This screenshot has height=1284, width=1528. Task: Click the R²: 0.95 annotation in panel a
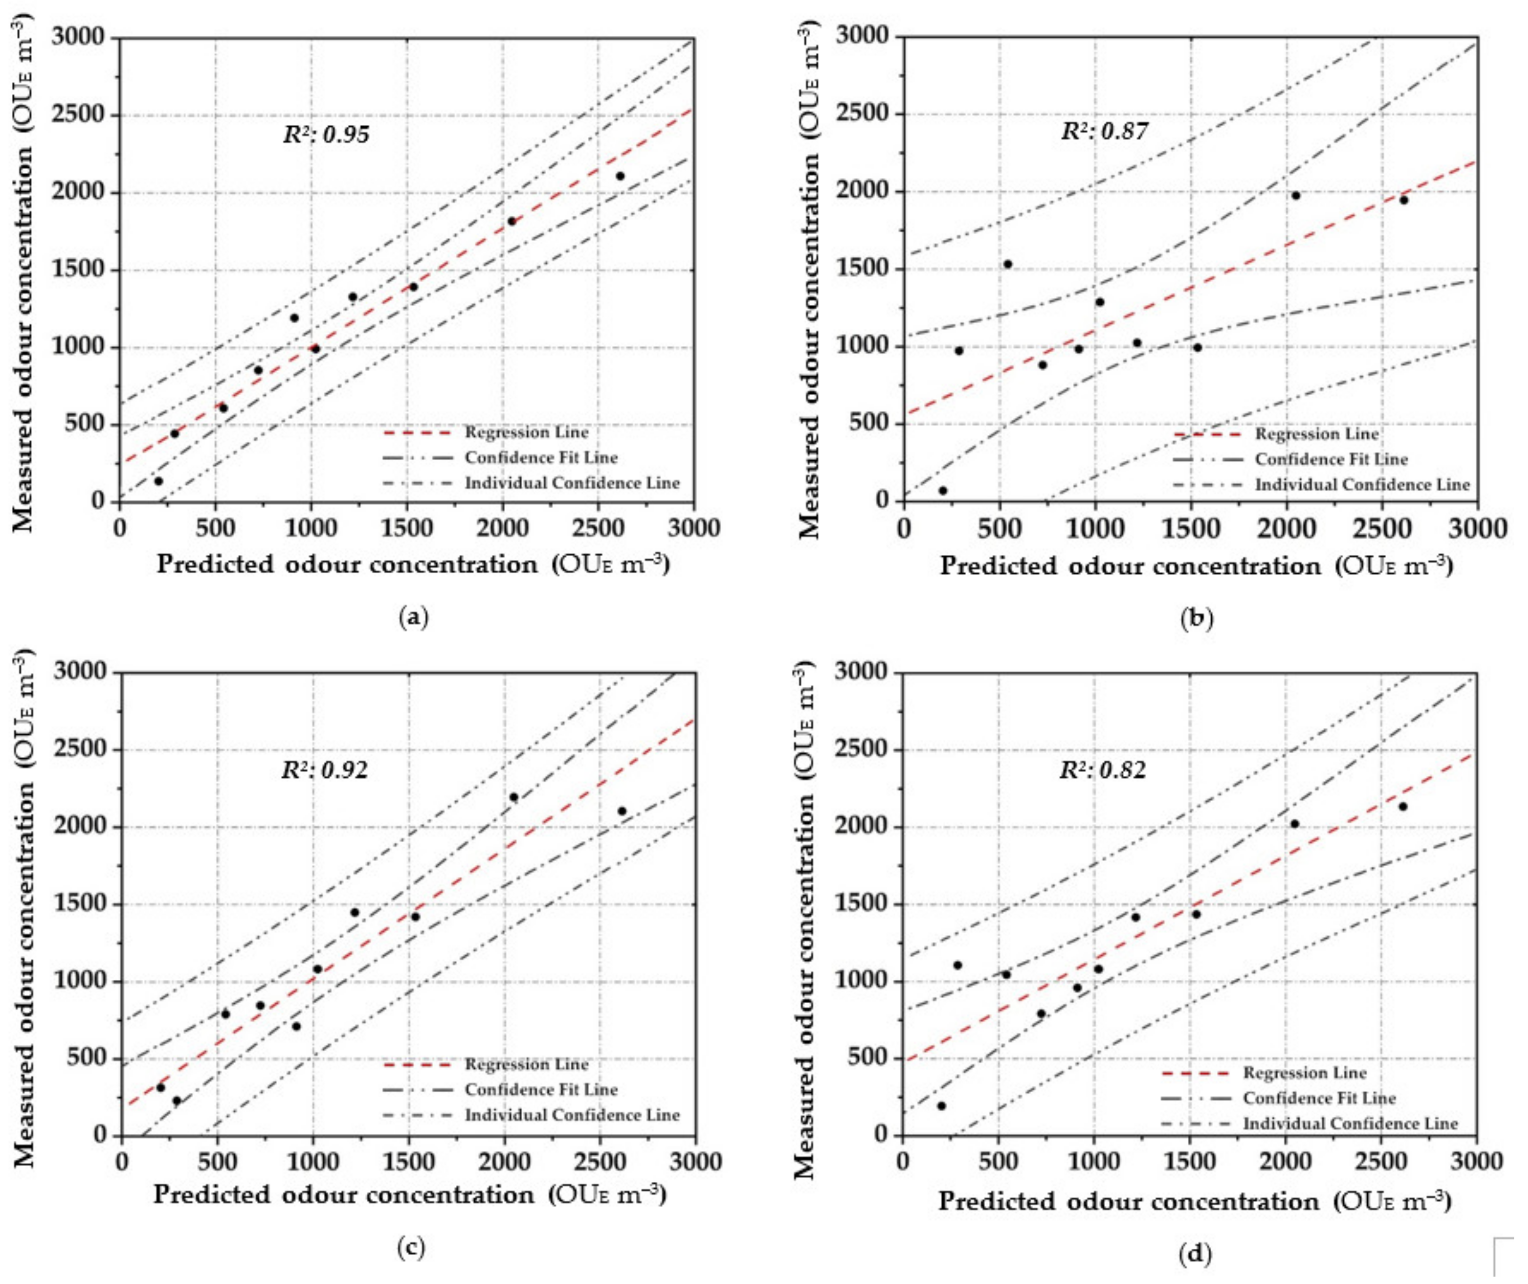(x=326, y=135)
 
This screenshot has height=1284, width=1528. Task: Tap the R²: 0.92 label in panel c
(x=325, y=770)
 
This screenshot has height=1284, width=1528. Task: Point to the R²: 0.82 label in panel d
(x=1103, y=770)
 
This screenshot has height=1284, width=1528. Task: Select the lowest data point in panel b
(x=943, y=491)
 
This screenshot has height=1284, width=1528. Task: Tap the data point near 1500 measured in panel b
(x=1007, y=264)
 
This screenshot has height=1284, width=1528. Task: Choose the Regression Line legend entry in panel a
(x=526, y=432)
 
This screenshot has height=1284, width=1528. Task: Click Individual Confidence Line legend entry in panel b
(x=1362, y=485)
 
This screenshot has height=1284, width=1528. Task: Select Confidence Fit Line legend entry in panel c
(x=541, y=1089)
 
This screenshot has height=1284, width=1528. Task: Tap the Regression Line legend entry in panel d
(x=1304, y=1073)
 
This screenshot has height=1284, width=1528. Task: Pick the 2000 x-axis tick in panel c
(x=503, y=1162)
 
